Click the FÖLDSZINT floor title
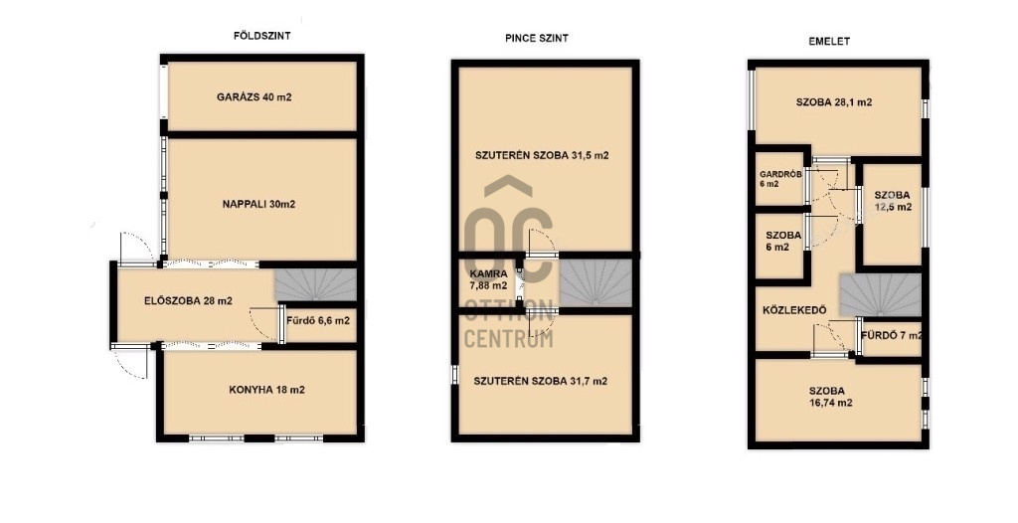click(x=261, y=37)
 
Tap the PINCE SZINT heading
click(x=537, y=39)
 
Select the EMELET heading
click(x=829, y=41)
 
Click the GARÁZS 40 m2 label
click(x=254, y=97)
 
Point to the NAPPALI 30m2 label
click(x=259, y=204)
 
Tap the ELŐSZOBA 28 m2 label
click(x=188, y=301)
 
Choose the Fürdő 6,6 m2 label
click(x=321, y=320)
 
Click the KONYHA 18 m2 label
click(x=266, y=390)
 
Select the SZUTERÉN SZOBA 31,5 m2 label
click(x=542, y=156)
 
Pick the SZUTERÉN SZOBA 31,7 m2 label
click(x=541, y=382)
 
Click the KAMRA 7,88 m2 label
click(x=489, y=280)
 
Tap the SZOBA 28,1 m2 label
click(x=834, y=102)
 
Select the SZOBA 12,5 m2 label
click(x=893, y=202)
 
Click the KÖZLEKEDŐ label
click(x=794, y=310)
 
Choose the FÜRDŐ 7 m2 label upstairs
click(x=892, y=336)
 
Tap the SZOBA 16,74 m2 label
click(x=827, y=397)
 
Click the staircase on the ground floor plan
click(x=315, y=284)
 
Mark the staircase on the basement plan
click(x=596, y=282)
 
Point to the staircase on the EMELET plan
click(x=881, y=295)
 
